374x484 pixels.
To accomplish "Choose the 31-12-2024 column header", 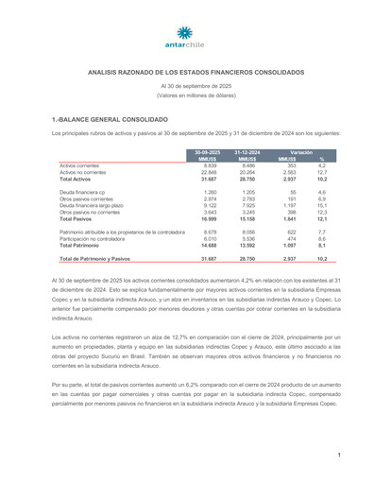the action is click(247, 151).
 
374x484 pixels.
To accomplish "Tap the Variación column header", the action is click(301, 151).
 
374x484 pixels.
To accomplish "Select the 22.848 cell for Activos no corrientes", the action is click(210, 172).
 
